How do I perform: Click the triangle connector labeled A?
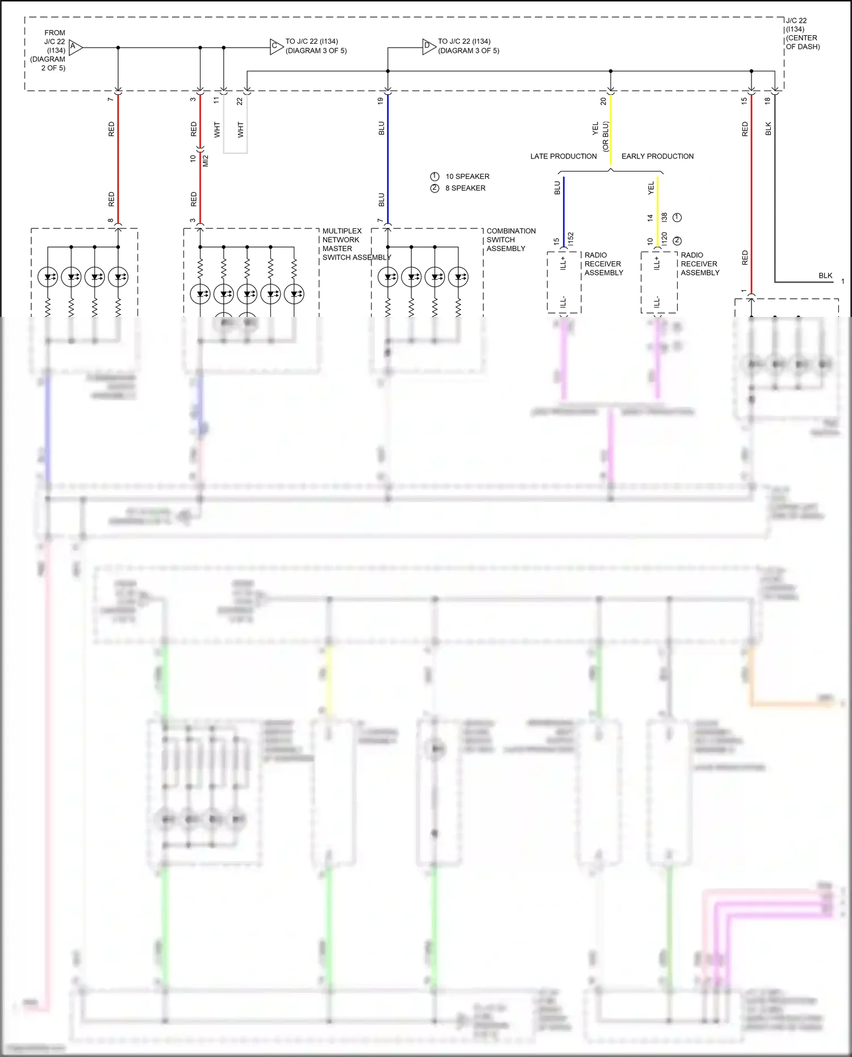pyautogui.click(x=74, y=47)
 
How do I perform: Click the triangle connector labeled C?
pyautogui.click(x=275, y=47)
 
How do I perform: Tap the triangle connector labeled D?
pyautogui.click(x=428, y=47)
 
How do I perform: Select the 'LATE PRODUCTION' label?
pyautogui.click(x=563, y=156)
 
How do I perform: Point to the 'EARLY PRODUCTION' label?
pyautogui.click(x=657, y=156)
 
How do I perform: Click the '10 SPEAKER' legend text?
pyautogui.click(x=467, y=177)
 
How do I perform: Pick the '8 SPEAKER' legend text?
pyautogui.click(x=465, y=188)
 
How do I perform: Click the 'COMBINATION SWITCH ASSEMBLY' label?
pyautogui.click(x=511, y=240)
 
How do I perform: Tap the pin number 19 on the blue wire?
pyautogui.click(x=381, y=101)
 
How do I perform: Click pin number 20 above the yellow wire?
pyautogui.click(x=603, y=101)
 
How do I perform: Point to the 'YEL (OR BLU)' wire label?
pyautogui.click(x=600, y=136)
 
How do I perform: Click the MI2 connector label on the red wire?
pyautogui.click(x=206, y=161)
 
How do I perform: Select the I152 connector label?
pyautogui.click(x=570, y=239)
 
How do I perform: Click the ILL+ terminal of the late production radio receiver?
pyautogui.click(x=563, y=263)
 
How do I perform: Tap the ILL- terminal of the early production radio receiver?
pyautogui.click(x=657, y=302)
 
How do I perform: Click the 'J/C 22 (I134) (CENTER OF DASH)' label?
pyautogui.click(x=802, y=34)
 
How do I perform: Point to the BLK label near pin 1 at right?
pyautogui.click(x=825, y=275)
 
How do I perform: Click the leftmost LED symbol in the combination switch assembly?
pyautogui.click(x=388, y=277)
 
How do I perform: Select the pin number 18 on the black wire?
pyautogui.click(x=767, y=101)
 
